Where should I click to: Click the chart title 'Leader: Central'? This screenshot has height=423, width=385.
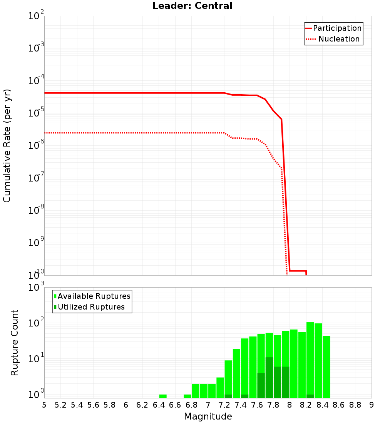pos(192,6)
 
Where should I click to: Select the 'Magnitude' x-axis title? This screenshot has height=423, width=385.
pos(208,416)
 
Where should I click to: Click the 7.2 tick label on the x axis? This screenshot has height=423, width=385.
pos(224,405)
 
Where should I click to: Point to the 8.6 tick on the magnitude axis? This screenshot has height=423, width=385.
pos(339,405)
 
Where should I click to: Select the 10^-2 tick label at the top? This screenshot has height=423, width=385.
pos(35,16)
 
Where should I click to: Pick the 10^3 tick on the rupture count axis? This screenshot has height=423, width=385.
pos(35,287)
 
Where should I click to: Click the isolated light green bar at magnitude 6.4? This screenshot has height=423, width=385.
pos(163,396)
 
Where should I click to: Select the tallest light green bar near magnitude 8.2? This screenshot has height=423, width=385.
pos(310,360)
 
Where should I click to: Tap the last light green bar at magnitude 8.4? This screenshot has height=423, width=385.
pos(326,366)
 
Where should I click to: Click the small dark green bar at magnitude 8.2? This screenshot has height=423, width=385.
pos(310,396)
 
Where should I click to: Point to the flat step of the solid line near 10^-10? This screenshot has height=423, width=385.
pos(298,271)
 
